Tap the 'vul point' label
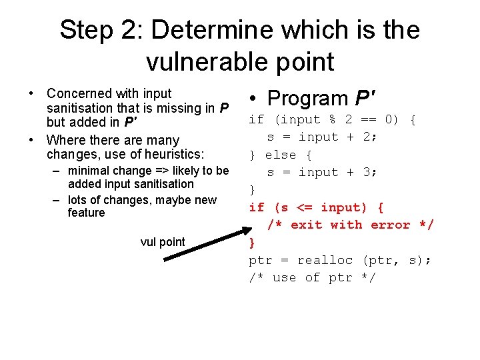163,242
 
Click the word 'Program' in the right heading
307,99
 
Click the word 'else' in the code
280,155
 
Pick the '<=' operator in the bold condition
303,207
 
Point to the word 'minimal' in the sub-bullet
90,171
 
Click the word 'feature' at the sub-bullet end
86,213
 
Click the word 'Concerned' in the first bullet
76,93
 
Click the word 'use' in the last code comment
284,277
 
